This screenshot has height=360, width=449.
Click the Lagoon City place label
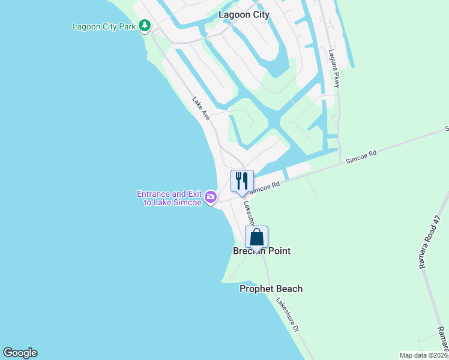coord(244,14)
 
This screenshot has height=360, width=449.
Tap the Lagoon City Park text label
coord(104,26)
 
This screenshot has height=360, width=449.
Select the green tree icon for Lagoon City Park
coord(144,26)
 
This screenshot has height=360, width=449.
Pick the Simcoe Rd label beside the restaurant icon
coord(265,188)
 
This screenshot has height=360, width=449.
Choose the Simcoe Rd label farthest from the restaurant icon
coord(361,158)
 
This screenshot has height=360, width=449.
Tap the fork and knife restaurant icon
coord(242,181)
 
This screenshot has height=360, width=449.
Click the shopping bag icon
coord(256,237)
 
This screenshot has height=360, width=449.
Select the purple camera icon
coord(211,196)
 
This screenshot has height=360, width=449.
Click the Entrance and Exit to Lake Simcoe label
coord(169,198)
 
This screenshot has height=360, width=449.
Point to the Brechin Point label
coord(262,251)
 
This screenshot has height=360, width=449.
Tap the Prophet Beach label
coord(271,289)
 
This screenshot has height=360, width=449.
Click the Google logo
coord(20,353)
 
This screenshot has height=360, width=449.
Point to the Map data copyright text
coord(424,355)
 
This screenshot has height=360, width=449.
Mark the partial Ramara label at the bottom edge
coord(442,341)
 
